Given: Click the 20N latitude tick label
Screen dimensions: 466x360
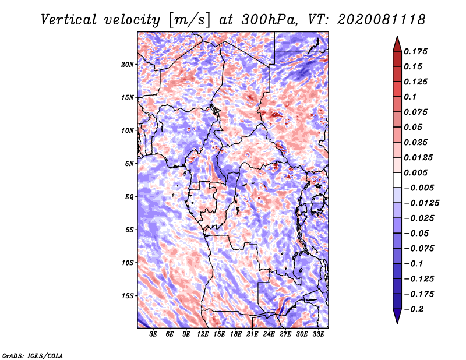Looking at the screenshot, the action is (x=127, y=65).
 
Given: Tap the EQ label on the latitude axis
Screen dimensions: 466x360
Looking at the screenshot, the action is (x=129, y=197).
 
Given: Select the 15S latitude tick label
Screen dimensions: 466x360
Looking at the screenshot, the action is (x=128, y=296).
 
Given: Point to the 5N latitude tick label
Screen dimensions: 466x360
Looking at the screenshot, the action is (x=129, y=164).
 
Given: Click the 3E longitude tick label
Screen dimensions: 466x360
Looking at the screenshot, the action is (x=153, y=334).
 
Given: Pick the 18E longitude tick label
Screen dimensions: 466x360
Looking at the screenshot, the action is (x=236, y=334).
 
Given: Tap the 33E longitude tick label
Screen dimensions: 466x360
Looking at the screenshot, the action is (x=318, y=334).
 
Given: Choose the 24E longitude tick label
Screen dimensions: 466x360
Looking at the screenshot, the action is (x=269, y=334).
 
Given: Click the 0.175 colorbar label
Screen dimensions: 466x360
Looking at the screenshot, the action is (x=415, y=51).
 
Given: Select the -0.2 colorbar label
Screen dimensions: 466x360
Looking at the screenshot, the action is (x=414, y=309).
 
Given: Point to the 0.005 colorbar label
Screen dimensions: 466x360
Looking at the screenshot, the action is (x=415, y=172).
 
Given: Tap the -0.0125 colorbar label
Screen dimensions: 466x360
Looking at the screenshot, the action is (x=421, y=203).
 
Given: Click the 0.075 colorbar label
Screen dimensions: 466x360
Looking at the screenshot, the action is (x=415, y=112).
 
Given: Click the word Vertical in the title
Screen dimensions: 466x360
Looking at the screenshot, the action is (x=69, y=20).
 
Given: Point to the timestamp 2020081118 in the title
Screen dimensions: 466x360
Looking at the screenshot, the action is (x=382, y=20).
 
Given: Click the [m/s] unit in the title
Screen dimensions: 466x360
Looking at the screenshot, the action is (x=189, y=20).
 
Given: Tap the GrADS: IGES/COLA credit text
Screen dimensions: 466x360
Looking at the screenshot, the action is (x=33, y=356).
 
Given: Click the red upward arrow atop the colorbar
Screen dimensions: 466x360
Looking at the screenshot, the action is (x=397, y=44).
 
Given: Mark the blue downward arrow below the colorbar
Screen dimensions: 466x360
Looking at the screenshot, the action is (x=397, y=316).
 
